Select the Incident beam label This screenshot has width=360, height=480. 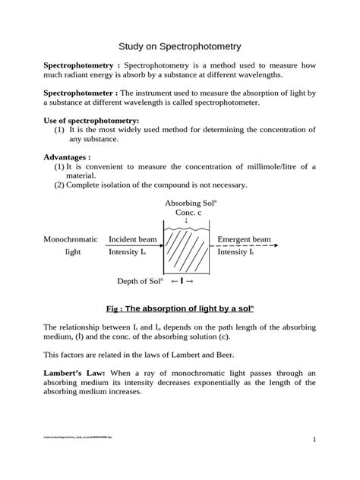[x=133, y=239]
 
